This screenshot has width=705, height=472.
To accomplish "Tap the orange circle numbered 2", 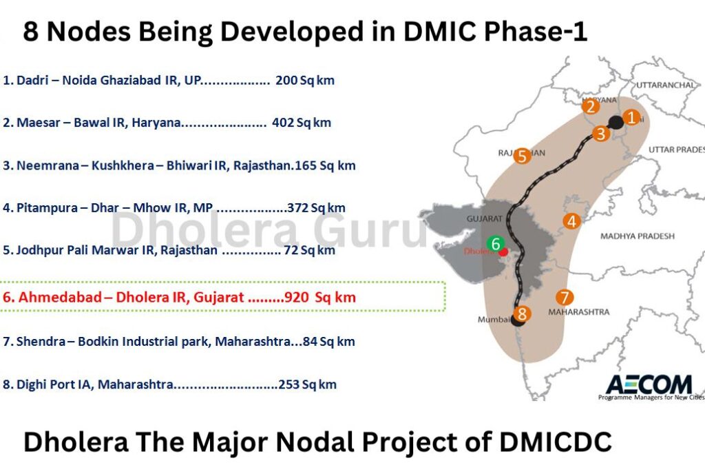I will point(589,106).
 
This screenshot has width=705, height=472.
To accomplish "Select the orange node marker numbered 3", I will point(601,134).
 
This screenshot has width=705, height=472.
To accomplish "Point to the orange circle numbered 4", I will point(571,221).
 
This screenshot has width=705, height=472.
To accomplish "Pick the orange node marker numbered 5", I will point(522,156).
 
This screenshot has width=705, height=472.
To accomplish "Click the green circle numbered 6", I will point(494,243).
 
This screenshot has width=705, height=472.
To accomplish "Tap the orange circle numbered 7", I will point(565,298).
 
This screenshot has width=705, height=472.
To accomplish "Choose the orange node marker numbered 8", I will point(523,314).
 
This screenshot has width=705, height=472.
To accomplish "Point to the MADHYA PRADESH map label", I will point(638,236).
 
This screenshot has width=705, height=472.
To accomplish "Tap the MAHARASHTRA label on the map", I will point(578,312).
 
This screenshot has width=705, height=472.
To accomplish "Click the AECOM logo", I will point(639,384).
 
